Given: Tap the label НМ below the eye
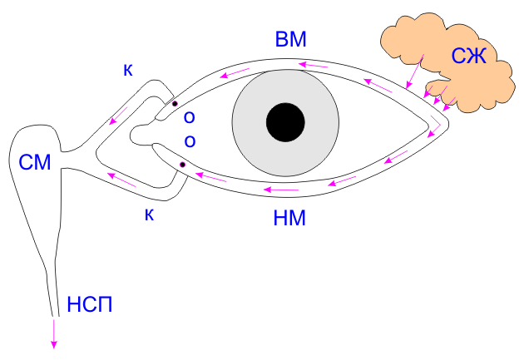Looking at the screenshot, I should point(289,219).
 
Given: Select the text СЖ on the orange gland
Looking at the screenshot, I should point(468,57).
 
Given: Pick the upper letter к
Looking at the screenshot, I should point(127,71).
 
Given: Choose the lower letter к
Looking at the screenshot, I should point(150,215).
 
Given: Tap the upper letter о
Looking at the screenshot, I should point(190,116).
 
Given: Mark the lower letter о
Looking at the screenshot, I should point(190,141).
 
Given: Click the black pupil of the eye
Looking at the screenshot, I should point(285,123).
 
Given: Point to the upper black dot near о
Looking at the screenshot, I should point(174,104).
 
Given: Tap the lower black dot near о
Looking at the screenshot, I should point(182,165).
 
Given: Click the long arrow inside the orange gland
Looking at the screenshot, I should point(415,70).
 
